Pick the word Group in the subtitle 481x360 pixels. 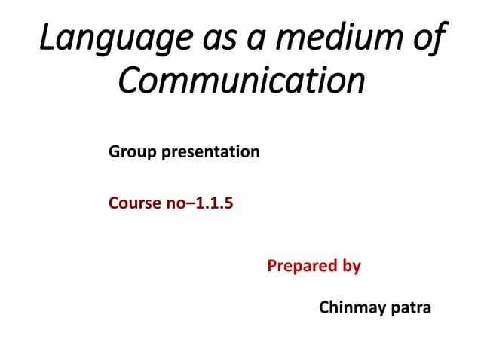[130, 152]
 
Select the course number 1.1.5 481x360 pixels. [214, 203]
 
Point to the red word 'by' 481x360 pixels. [351, 267]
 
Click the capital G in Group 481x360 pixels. [115, 152]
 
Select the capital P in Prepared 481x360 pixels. [272, 266]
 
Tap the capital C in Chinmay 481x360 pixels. [325, 307]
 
